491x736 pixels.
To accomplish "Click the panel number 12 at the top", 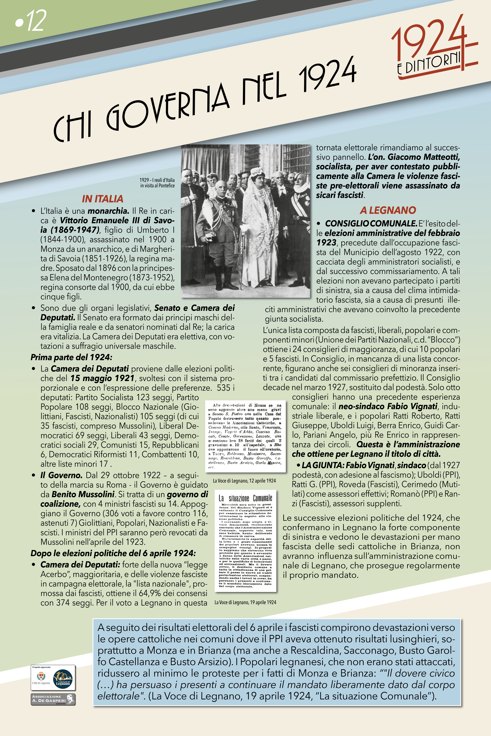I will pos(31,21).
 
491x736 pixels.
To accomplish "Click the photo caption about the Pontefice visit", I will pos(157,183).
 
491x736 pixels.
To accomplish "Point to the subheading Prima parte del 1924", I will pos(71,357).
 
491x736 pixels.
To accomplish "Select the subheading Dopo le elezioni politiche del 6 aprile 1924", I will pos(113,553).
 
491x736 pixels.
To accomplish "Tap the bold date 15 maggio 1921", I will pos(102,378).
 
